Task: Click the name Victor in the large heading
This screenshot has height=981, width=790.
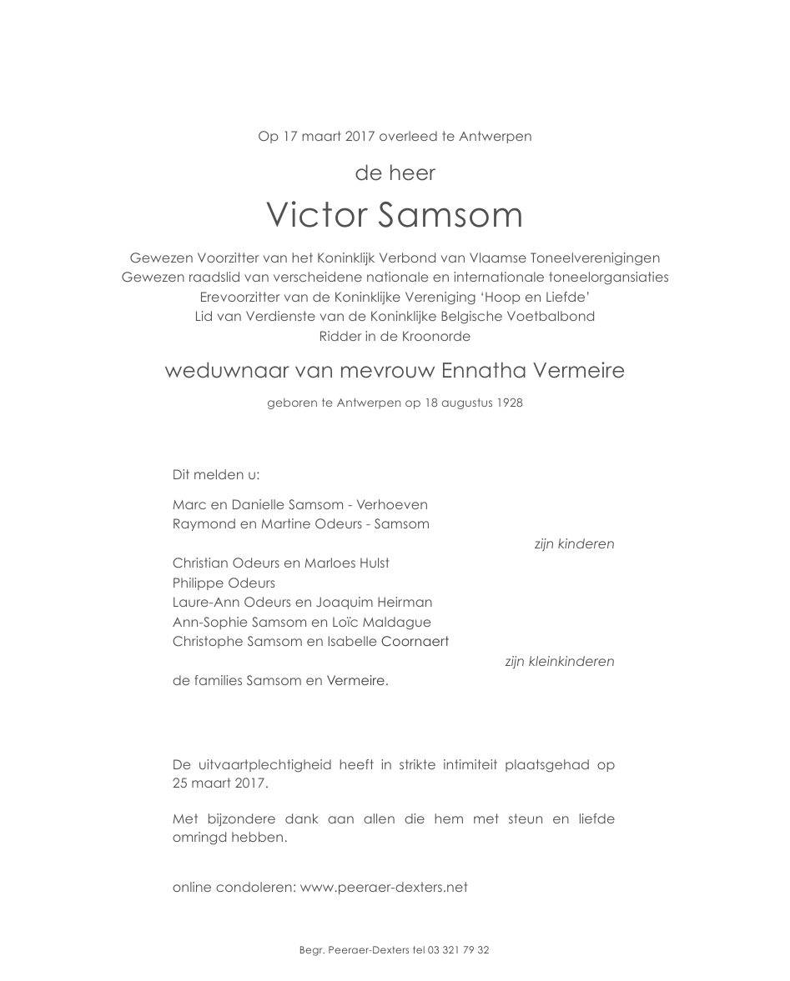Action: (316, 215)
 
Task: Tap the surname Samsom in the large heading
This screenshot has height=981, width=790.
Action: (450, 215)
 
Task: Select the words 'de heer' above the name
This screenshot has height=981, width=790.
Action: (395, 173)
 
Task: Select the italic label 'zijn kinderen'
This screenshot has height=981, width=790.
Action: (574, 544)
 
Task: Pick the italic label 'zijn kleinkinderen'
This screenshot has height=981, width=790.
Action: (559, 662)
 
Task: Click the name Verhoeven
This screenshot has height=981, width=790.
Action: (393, 505)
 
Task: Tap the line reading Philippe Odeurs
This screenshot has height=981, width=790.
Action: (224, 583)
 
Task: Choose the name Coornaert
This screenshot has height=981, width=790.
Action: (415, 642)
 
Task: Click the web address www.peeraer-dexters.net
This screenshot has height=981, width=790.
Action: (384, 887)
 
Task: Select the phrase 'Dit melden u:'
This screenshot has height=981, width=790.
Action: (216, 475)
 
